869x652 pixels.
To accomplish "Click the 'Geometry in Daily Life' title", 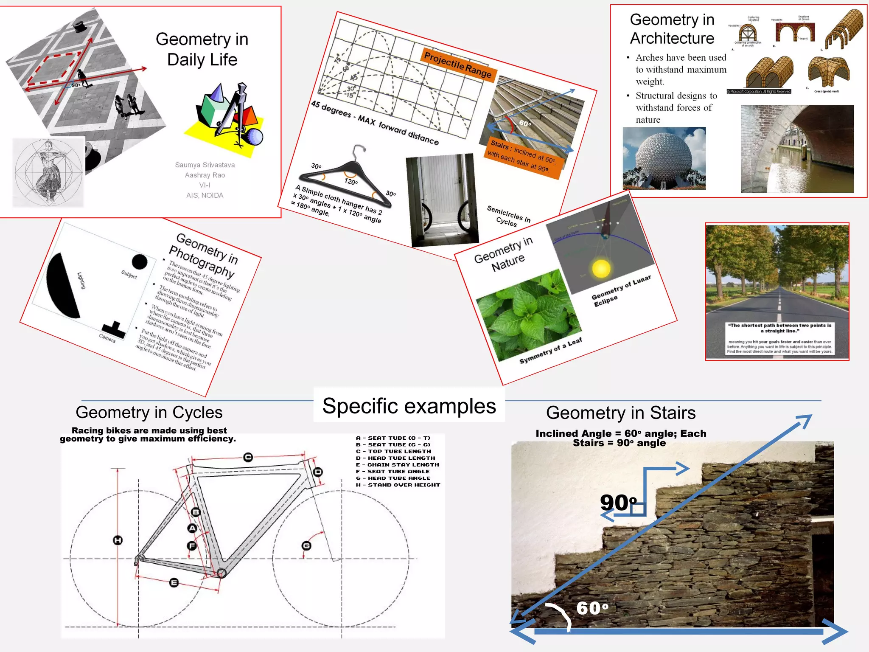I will point(202,49).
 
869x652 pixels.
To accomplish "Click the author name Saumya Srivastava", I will point(205,165).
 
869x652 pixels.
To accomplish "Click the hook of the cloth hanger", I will point(359,151).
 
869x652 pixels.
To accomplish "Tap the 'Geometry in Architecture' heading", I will point(672,29).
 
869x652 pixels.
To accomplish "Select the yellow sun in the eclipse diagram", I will point(601,268).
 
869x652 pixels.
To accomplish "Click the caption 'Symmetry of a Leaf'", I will point(550,351).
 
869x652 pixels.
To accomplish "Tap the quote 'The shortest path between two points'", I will point(779,328).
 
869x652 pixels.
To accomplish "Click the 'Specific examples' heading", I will point(409,406).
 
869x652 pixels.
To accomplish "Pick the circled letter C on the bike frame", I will point(248,457).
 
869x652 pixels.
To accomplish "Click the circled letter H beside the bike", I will point(118,540).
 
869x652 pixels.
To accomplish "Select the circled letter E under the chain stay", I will point(174,582).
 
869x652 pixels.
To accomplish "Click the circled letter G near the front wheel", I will point(306,545).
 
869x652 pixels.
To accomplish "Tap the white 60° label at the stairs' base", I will point(592,608).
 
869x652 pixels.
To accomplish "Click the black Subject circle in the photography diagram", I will point(139,262).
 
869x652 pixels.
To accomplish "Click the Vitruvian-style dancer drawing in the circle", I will point(48,172).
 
